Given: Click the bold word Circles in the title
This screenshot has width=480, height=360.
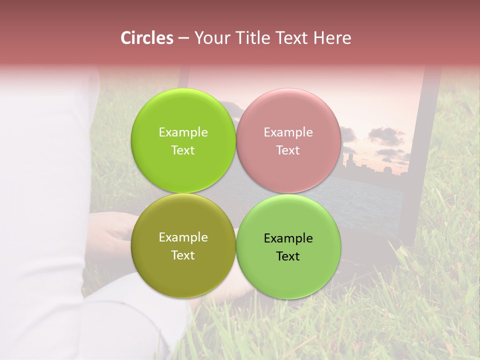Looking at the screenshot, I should [146, 38].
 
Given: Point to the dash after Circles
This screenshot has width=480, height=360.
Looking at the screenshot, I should [183, 38].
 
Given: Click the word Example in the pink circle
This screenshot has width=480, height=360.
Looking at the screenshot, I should [288, 132].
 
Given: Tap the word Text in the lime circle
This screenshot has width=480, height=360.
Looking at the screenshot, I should [183, 150].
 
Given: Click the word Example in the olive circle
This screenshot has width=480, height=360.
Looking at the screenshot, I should [183, 237].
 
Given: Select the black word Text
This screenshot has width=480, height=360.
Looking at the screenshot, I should [288, 256].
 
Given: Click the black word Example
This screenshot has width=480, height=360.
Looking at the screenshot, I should [288, 238].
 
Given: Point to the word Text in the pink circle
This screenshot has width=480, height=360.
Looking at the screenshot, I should [288, 150].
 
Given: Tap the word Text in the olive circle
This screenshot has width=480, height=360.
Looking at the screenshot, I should [183, 255].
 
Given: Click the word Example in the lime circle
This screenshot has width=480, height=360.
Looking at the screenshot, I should [183, 132].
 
